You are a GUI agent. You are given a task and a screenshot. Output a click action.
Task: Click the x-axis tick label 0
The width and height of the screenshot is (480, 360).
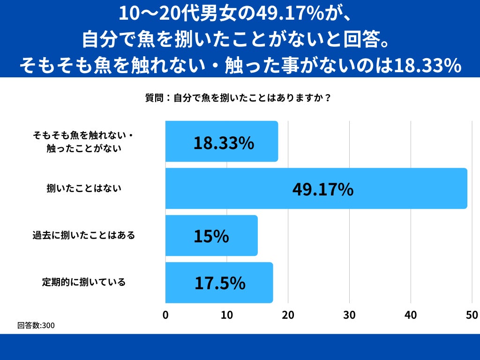click(165, 315)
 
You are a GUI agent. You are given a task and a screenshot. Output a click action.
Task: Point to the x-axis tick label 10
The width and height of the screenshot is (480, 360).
click(227, 315)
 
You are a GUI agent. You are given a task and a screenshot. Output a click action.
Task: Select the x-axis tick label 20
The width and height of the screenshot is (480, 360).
click(288, 315)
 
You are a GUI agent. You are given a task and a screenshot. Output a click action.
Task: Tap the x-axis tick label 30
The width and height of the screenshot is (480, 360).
click(350, 315)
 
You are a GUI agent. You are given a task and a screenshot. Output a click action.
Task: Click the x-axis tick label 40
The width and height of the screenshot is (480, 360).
click(411, 315)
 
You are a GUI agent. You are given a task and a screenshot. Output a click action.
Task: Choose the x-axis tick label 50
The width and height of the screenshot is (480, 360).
click(472, 315)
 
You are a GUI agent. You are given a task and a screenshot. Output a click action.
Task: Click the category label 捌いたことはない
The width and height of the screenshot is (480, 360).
click(84, 188)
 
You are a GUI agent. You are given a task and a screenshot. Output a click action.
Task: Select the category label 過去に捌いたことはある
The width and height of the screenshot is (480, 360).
click(84, 235)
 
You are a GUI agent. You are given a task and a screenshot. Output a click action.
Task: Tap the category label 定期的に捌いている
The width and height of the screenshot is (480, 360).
click(84, 282)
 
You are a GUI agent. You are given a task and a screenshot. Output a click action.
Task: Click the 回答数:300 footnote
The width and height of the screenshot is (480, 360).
click(36, 325)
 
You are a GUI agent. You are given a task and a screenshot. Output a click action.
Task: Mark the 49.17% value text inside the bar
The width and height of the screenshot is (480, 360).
click(323, 189)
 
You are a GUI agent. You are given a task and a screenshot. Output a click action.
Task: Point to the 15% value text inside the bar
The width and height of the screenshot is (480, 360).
click(211, 236)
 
